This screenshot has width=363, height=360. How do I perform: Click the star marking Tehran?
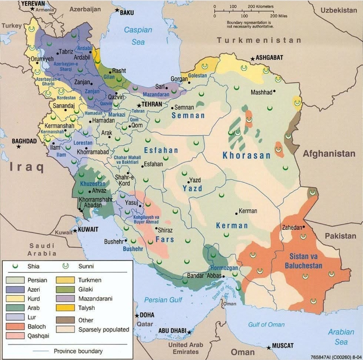[139, 105]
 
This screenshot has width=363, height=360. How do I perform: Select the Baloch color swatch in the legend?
[16, 326]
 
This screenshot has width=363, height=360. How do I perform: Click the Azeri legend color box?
[16, 289]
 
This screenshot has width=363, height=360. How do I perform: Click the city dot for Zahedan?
[304, 227]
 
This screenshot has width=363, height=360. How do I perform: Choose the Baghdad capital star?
[19, 147]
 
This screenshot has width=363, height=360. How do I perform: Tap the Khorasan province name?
[247, 155]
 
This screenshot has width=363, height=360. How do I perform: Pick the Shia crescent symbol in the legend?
[15, 266]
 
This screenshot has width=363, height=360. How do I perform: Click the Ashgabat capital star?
[252, 59]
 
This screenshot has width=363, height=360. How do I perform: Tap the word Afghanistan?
[329, 154]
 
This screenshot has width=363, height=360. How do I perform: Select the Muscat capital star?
[269, 347]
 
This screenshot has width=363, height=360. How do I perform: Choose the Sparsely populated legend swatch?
[66, 329]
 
